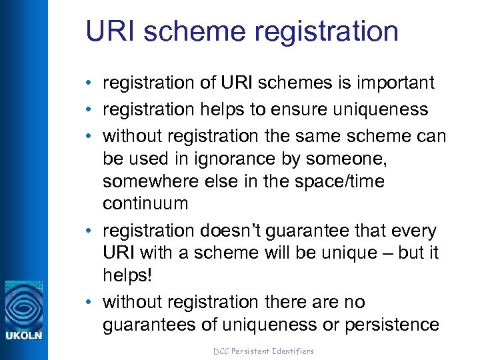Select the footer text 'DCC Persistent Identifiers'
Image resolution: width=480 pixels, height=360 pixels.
263,351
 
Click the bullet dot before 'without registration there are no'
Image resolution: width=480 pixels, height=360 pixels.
89,302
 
